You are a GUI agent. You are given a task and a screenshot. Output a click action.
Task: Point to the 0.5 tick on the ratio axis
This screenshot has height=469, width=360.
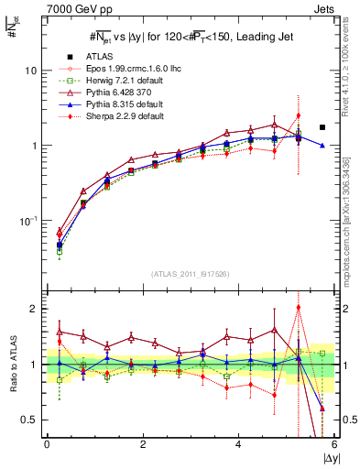[31, 420]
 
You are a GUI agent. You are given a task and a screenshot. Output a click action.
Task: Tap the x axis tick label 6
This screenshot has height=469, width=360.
[334, 445]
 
